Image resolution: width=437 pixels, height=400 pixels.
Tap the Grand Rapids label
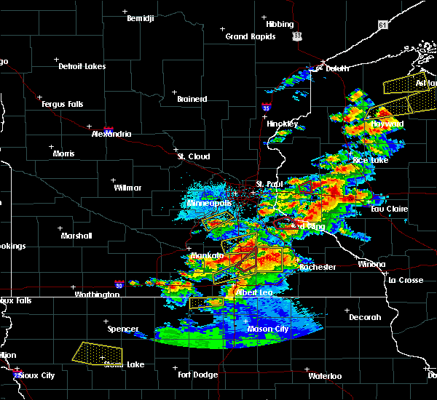click(251, 36)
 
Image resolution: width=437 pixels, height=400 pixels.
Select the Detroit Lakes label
click(82, 66)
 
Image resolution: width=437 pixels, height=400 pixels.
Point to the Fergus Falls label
click(62, 104)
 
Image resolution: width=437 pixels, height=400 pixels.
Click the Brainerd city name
click(192, 99)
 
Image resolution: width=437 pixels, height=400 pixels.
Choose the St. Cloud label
click(194, 156)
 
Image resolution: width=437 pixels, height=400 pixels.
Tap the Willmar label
click(127, 188)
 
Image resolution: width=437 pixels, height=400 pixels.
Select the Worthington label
click(97, 295)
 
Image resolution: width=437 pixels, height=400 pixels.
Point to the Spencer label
click(123, 329)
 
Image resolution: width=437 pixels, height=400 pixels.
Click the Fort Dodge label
click(198, 375)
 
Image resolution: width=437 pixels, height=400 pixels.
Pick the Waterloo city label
click(324, 376)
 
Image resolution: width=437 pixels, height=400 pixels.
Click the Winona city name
click(371, 264)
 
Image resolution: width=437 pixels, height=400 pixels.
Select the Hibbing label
click(280, 23)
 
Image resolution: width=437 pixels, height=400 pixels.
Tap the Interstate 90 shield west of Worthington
click(119, 284)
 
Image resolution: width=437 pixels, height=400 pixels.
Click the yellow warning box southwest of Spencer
click(98, 353)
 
